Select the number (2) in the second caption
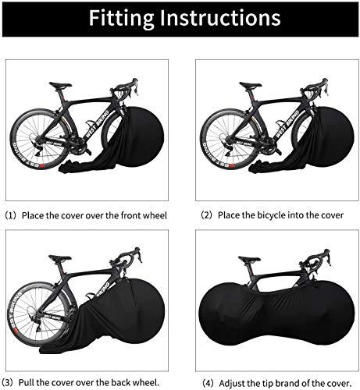tap(206, 214)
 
